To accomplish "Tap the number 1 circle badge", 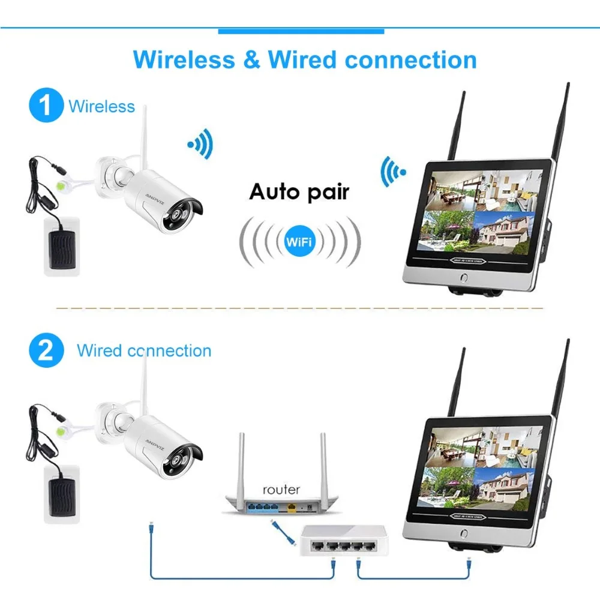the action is coord(46,106).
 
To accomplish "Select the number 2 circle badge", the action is coord(46,351).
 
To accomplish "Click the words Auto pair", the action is coord(299,192).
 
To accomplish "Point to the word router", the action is coord(280,489).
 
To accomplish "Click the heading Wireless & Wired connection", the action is coord(305,60).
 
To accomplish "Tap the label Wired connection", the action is coord(144,350).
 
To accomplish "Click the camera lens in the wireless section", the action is coord(181,217).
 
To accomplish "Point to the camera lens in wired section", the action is coord(181,459).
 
